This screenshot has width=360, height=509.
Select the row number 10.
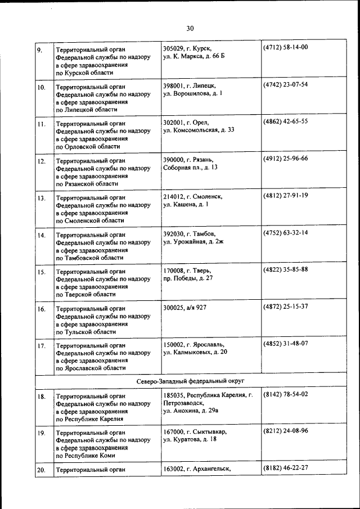(41, 88)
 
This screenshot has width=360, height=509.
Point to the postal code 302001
(174, 121)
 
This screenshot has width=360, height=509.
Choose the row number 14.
(41, 235)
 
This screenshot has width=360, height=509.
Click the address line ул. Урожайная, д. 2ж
(193, 242)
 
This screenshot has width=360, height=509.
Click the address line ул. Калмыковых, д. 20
(195, 352)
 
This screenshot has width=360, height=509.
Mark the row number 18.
(41, 397)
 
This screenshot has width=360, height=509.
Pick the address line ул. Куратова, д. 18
(191, 439)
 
